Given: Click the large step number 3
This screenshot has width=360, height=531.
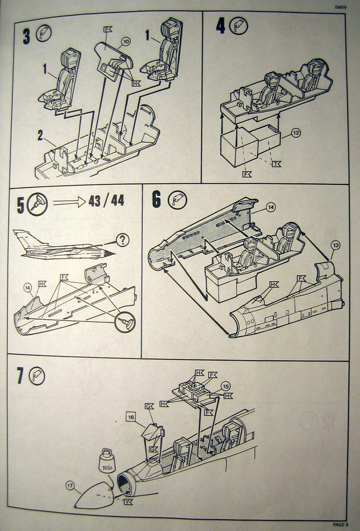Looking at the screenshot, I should click(26, 35).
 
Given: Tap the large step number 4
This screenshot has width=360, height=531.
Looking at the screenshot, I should click(221, 27).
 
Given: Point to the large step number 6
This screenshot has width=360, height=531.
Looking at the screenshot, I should click(156, 200).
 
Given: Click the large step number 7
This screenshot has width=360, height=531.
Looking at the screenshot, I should click(21, 377).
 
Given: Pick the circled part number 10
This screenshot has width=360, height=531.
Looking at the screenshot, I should click(126, 42).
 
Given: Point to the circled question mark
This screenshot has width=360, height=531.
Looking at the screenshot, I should click(123, 240).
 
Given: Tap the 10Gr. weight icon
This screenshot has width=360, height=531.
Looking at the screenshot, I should click(105, 461).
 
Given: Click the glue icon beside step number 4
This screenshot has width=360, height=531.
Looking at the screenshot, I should click(239, 27).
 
